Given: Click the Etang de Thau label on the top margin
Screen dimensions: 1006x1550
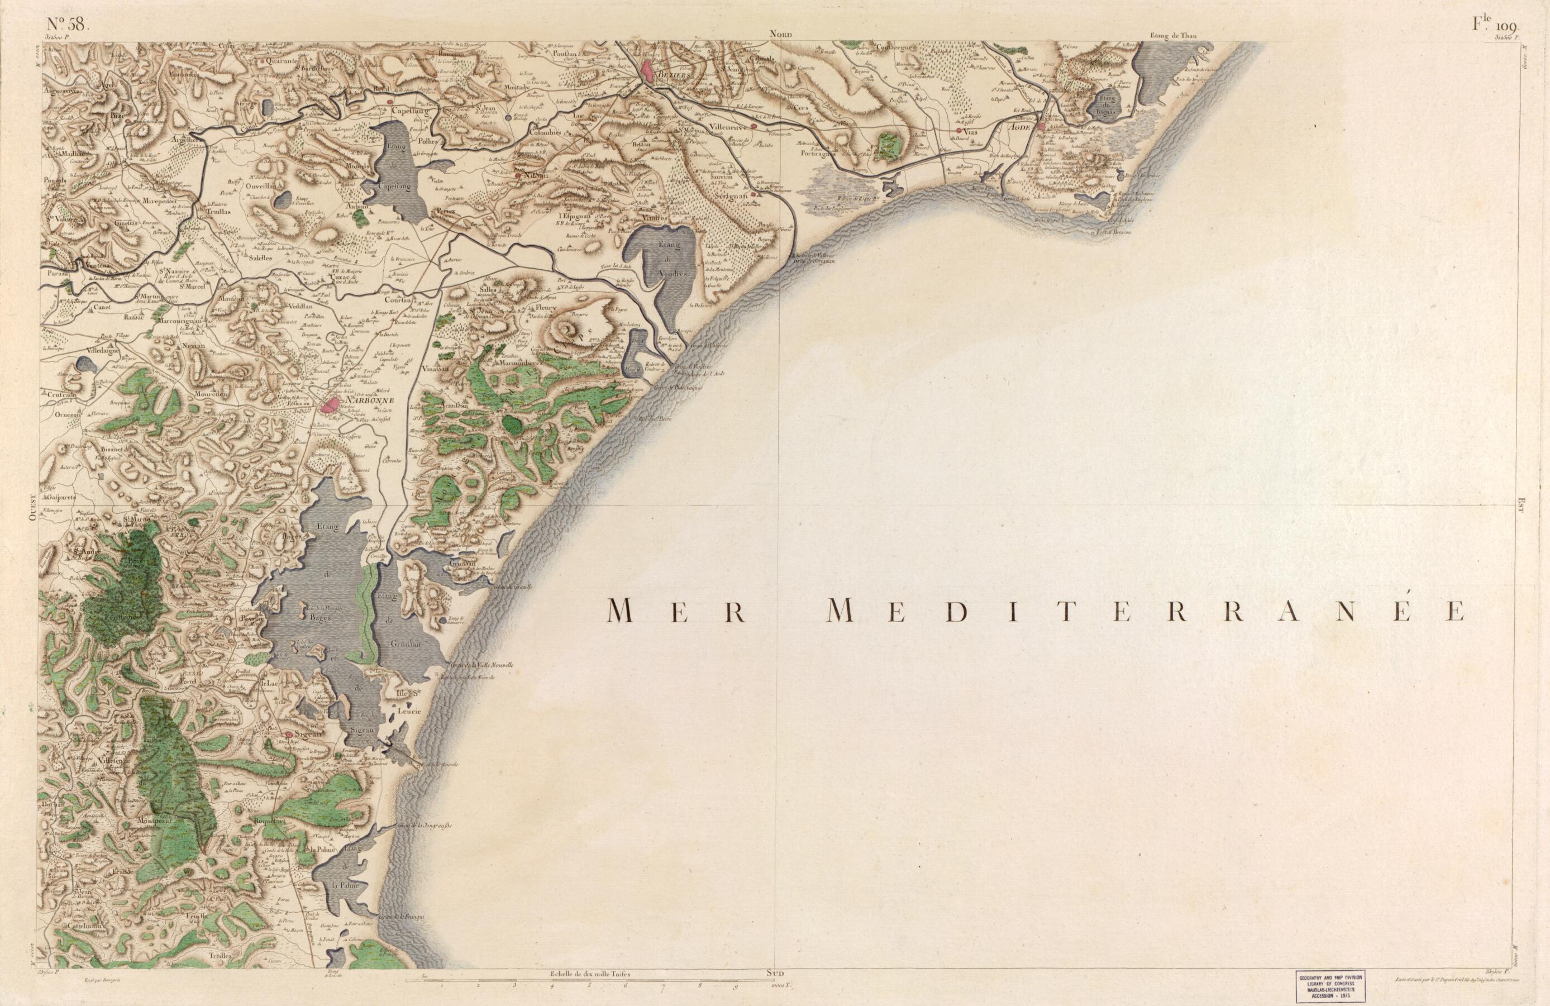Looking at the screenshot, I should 1174,36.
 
